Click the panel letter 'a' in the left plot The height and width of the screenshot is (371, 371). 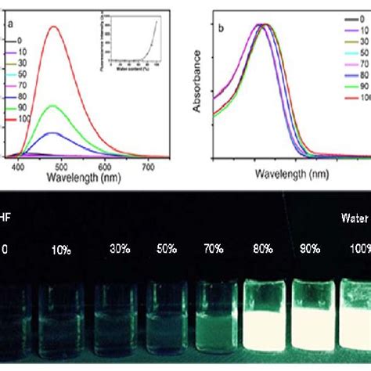click(10, 24)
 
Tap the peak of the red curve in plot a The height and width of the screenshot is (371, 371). click(54, 27)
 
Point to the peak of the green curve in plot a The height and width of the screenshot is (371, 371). click(53, 105)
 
